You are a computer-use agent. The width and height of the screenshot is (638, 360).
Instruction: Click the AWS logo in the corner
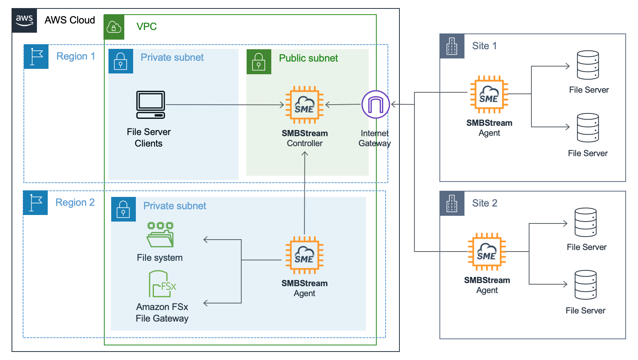tap(24, 20)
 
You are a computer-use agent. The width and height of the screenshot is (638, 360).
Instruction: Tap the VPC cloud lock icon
tap(114, 27)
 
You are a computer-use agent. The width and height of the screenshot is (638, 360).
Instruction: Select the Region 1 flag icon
tap(36, 57)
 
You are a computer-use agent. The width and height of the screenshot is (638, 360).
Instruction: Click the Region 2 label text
tap(75, 202)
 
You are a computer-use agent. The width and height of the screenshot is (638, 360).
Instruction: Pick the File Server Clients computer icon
tap(150, 105)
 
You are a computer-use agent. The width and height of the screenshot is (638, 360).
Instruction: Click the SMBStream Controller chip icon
tap(304, 105)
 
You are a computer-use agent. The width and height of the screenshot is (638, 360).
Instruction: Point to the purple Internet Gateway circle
tap(376, 104)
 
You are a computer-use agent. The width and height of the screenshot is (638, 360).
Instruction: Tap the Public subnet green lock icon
tap(259, 62)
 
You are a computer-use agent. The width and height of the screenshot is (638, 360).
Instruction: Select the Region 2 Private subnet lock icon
tap(123, 209)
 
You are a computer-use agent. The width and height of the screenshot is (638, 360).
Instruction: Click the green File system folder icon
tap(160, 235)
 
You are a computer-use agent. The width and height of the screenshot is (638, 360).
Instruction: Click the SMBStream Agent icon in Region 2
tap(304, 255)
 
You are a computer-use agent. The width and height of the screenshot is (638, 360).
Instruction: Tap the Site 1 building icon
tap(452, 46)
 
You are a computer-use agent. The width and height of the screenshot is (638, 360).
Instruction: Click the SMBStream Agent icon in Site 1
tap(489, 94)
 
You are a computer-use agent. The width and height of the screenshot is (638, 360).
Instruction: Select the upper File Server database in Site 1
tap(588, 65)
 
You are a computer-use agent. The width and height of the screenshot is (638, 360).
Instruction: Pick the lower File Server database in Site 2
tap(585, 285)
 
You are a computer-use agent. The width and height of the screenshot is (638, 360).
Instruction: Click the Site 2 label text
tap(484, 203)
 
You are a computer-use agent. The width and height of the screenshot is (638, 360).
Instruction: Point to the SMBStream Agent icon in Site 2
tap(487, 252)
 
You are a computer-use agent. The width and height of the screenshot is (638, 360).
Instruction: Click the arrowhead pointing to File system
tap(205, 240)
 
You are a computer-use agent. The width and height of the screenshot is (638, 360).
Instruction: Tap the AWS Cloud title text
tap(70, 20)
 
